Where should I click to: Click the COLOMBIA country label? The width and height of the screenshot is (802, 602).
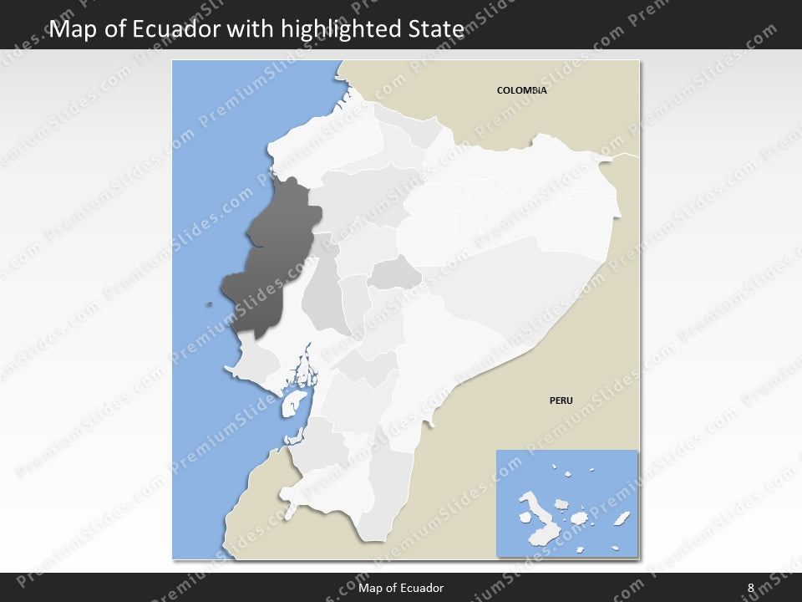(x=521, y=90)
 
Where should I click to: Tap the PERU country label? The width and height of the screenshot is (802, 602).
(x=561, y=400)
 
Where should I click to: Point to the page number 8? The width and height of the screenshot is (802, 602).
(x=750, y=588)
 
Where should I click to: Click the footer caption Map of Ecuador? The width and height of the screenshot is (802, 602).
(x=401, y=588)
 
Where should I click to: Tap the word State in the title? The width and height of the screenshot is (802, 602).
(x=436, y=30)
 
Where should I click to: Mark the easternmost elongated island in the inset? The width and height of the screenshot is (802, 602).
(x=621, y=519)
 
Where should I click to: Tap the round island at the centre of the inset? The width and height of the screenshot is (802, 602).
(x=562, y=506)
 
